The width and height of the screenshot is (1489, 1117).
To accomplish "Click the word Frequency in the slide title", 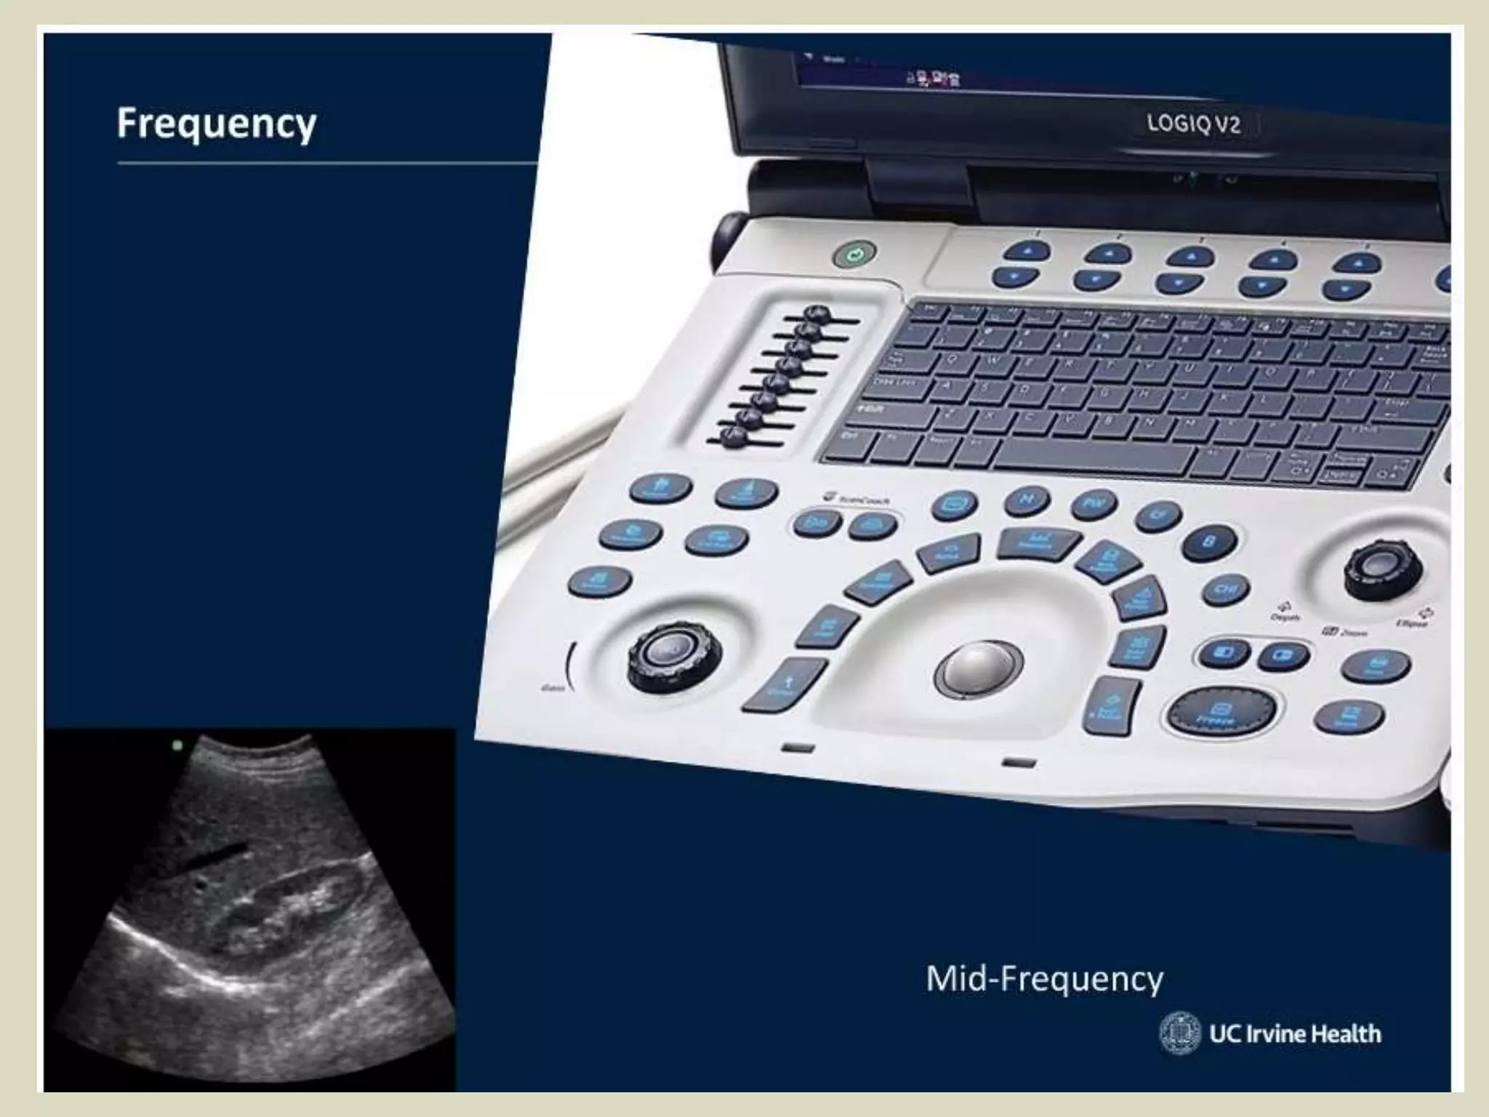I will [x=217, y=124].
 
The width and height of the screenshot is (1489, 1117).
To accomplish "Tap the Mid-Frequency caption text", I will [x=1044, y=979].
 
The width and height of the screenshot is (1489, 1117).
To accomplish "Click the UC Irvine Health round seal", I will [x=1179, y=1033].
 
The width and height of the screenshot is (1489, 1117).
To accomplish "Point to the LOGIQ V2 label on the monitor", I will [x=1193, y=124].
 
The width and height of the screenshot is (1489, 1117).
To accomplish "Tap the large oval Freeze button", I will [x=1221, y=710].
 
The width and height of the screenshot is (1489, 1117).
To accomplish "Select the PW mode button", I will [x=1093, y=503].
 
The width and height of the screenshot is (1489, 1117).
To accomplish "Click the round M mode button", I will [x=1027, y=499].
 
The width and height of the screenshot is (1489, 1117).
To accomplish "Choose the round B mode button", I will [x=1210, y=543].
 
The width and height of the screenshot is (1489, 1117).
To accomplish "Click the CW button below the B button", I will [x=1226, y=589].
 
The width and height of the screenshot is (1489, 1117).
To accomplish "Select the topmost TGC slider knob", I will [x=816, y=313].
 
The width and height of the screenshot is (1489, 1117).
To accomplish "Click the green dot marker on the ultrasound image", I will [x=177, y=745].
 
